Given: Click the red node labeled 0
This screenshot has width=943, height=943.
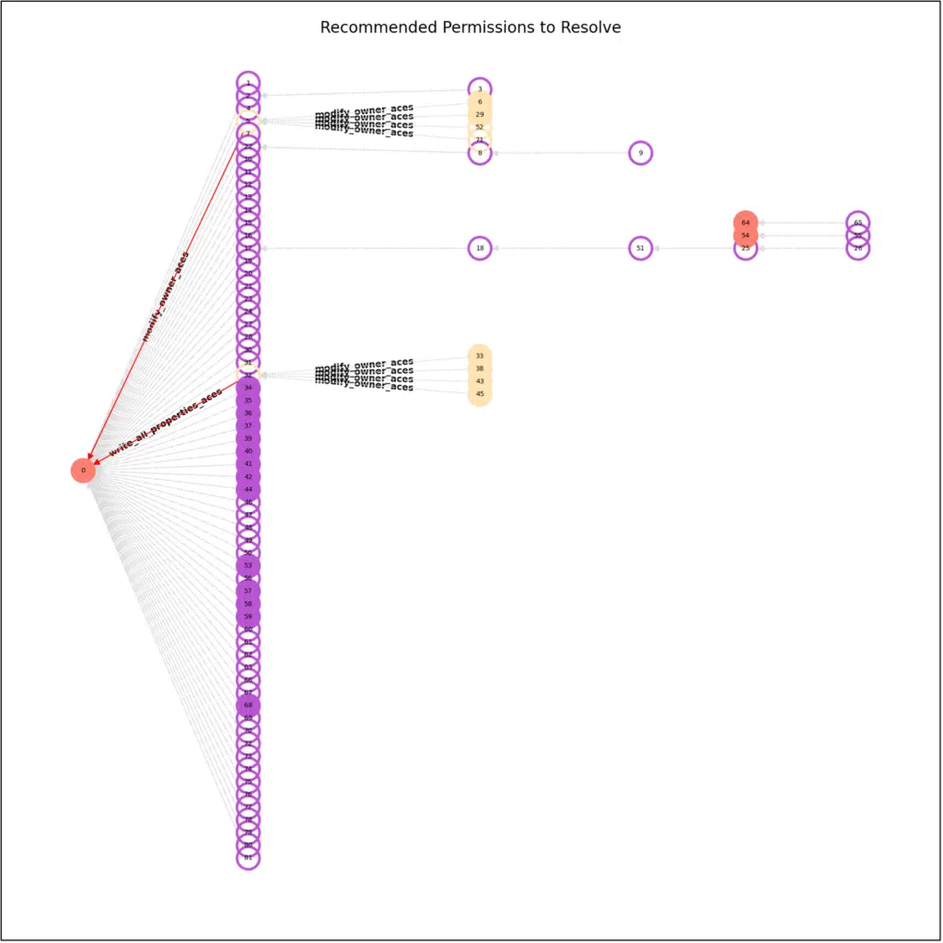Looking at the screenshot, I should pyautogui.click(x=83, y=471).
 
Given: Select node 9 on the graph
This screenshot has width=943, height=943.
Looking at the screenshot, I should pyautogui.click(x=641, y=153).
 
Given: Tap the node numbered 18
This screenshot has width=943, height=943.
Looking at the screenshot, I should pyautogui.click(x=480, y=248).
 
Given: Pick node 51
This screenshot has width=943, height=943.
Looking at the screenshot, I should pyautogui.click(x=641, y=248).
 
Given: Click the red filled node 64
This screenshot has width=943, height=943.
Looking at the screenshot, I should pyautogui.click(x=746, y=223).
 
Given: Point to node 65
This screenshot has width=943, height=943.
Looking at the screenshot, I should pyautogui.click(x=858, y=223).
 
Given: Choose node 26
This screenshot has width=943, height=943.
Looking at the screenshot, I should pyautogui.click(x=858, y=248).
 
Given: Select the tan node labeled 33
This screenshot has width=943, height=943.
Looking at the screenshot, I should pyautogui.click(x=480, y=355).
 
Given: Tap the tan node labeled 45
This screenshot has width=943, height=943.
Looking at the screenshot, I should pyautogui.click(x=480, y=394).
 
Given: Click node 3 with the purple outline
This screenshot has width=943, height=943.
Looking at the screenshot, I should pyautogui.click(x=480, y=89).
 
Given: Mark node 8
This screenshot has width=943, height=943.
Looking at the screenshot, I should pyautogui.click(x=480, y=153).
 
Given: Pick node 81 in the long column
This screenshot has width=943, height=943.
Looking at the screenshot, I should pyautogui.click(x=248, y=857).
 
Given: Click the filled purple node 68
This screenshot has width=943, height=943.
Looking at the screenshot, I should pyautogui.click(x=248, y=705).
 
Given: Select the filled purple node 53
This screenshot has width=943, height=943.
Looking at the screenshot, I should pyautogui.click(x=248, y=565).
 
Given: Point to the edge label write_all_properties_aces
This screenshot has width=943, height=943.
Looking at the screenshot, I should pyautogui.click(x=166, y=422).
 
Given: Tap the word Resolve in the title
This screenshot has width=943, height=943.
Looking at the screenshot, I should pyautogui.click(x=590, y=28).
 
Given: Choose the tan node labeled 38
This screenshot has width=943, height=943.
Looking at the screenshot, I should pyautogui.click(x=480, y=368).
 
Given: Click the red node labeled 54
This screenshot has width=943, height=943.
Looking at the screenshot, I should pyautogui.click(x=746, y=236).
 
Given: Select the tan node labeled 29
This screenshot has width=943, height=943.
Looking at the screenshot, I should pyautogui.click(x=480, y=114).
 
